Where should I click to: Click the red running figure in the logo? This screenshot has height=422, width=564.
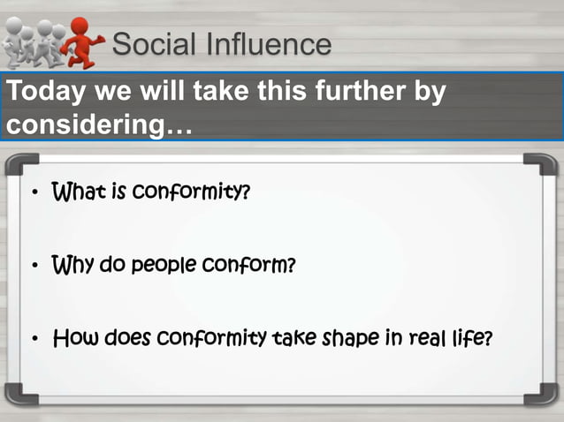[84, 42]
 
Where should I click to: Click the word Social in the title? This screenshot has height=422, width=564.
[151, 43]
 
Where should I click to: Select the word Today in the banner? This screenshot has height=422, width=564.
[42, 93]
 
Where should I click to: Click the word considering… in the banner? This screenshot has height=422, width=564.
[99, 124]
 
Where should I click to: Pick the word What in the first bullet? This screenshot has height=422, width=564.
[79, 192]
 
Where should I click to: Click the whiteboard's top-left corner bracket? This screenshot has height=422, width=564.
[19, 166]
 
